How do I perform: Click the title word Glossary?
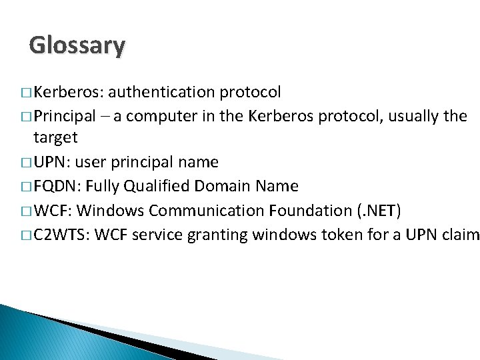(x=77, y=45)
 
